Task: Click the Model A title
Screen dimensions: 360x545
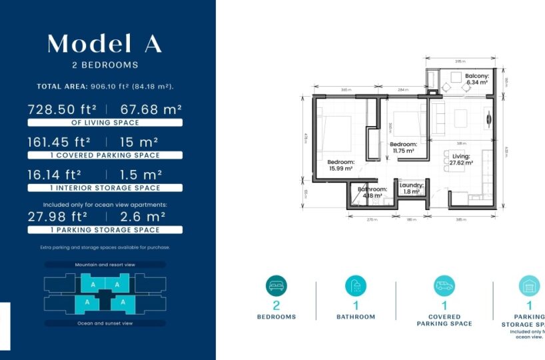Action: tap(105, 43)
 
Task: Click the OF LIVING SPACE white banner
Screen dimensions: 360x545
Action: tap(105, 123)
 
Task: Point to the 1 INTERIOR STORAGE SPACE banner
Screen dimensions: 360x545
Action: tap(105, 188)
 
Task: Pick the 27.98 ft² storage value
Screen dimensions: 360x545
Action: tap(57, 217)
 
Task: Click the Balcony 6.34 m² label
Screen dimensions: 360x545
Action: tap(477, 80)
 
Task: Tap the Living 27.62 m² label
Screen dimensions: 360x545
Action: tap(461, 159)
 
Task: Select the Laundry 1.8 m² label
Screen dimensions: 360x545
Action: tap(411, 189)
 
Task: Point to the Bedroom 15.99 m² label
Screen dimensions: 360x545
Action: tap(340, 166)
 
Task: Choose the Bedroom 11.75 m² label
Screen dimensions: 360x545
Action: tap(403, 147)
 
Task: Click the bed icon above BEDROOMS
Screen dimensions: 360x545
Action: tap(276, 286)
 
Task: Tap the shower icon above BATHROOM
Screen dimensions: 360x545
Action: tap(356, 286)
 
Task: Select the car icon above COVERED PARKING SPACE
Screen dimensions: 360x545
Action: tap(444, 286)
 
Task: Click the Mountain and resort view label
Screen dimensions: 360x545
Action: tap(105, 265)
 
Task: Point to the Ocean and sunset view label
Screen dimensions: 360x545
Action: tap(105, 323)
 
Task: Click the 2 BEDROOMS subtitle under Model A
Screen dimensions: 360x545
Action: tap(105, 65)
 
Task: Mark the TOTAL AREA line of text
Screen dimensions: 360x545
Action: tap(105, 87)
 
